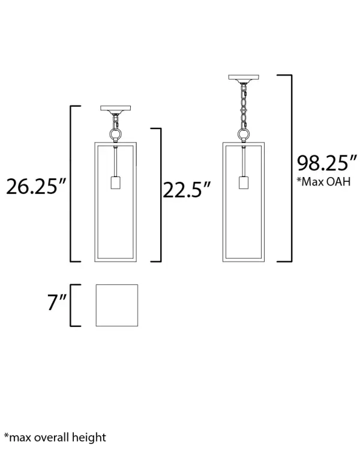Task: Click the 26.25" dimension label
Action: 36,187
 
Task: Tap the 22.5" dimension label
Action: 187,190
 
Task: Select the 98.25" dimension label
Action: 327,163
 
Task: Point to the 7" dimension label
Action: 57,302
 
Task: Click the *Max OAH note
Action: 323,182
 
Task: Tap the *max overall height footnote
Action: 55,437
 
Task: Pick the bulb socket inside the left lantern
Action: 115,182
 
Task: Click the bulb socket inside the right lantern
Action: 244,182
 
